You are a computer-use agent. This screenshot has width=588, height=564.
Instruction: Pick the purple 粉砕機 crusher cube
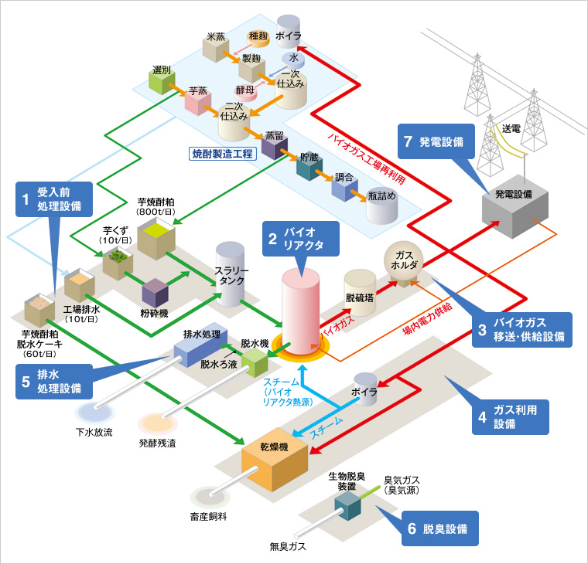pos(155,293)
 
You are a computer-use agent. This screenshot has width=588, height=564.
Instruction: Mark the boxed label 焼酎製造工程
pos(221,154)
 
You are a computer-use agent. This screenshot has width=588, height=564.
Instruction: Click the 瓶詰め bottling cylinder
pos(381,206)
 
